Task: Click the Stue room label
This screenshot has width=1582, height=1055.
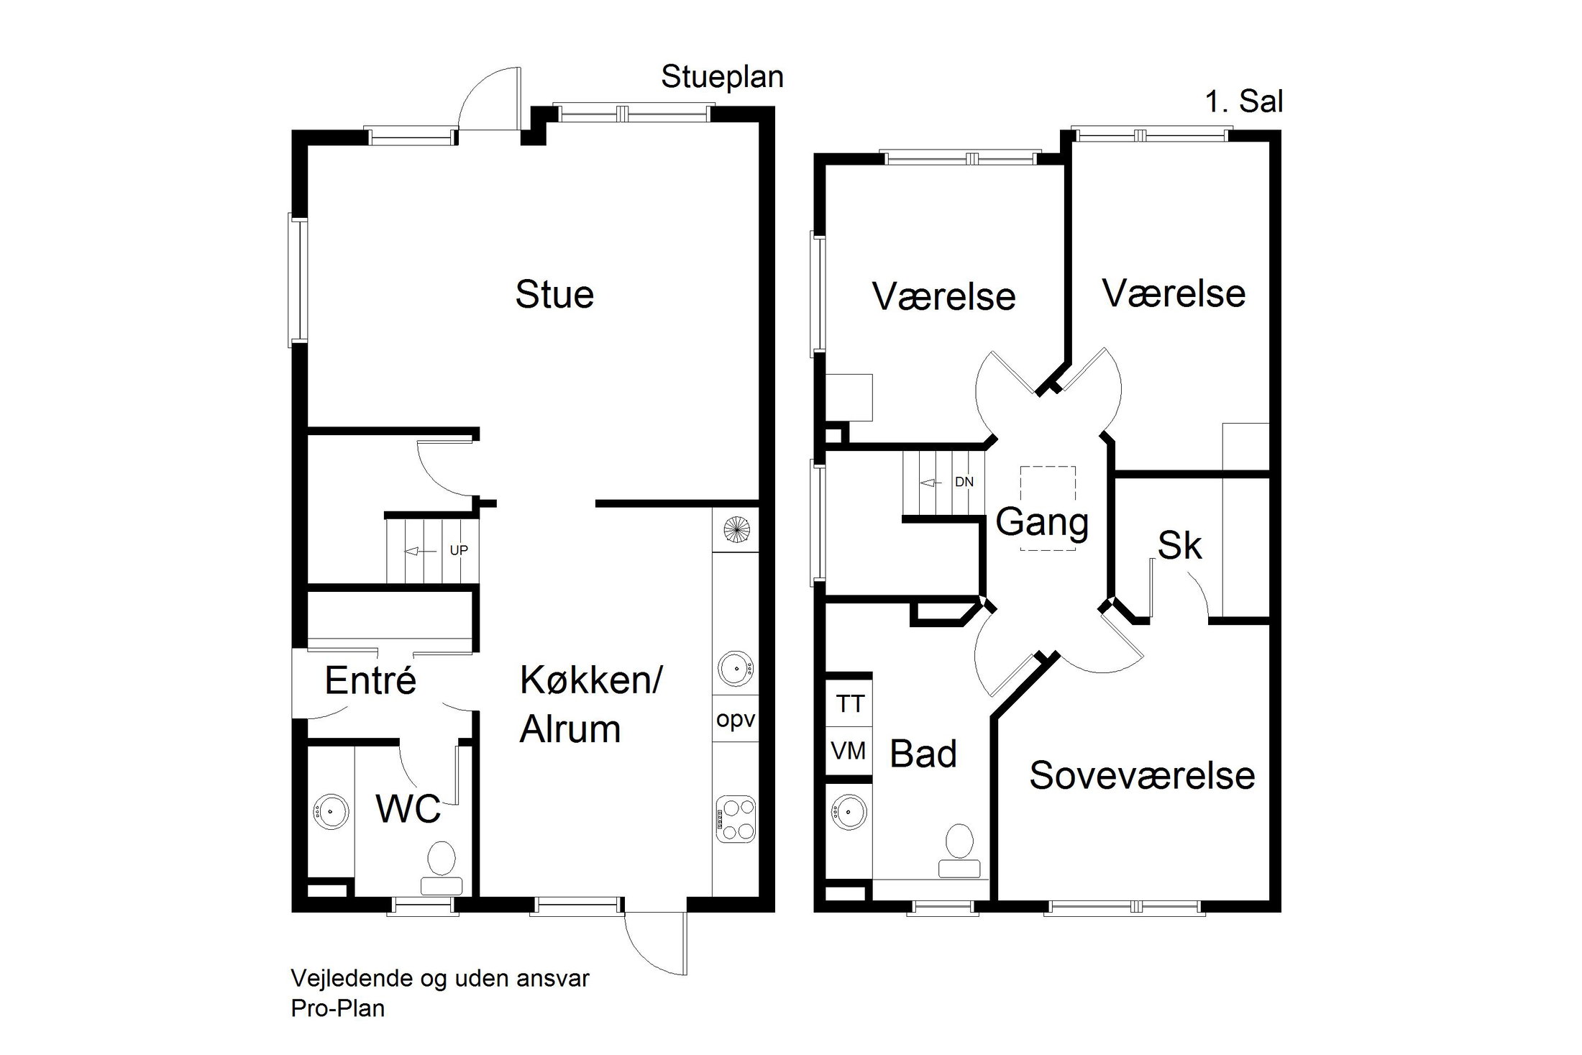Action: tap(554, 295)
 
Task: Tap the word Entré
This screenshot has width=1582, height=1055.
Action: tap(370, 680)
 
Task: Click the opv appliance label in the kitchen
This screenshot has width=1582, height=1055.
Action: tap(736, 720)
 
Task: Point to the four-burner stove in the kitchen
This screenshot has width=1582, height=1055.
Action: tap(736, 820)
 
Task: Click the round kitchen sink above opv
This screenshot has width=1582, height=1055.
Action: tap(735, 667)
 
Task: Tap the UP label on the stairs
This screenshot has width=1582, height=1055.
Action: tap(459, 550)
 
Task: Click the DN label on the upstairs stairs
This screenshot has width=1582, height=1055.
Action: tap(964, 482)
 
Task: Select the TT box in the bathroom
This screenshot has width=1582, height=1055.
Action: tap(849, 704)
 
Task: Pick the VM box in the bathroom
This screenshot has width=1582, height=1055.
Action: tap(849, 752)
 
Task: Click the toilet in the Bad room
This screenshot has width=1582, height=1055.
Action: tap(959, 850)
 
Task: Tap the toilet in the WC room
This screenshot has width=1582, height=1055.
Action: tap(442, 867)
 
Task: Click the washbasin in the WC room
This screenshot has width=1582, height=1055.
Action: tap(331, 812)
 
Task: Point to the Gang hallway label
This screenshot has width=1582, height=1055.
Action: tap(1042, 523)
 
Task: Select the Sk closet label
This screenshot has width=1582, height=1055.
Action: tap(1179, 546)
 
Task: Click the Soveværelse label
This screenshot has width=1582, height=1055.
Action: tap(1142, 776)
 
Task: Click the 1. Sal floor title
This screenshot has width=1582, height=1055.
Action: tap(1243, 102)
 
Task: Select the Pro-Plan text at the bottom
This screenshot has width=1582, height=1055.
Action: tap(337, 1008)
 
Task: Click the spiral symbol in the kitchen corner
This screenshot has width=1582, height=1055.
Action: tap(736, 531)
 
